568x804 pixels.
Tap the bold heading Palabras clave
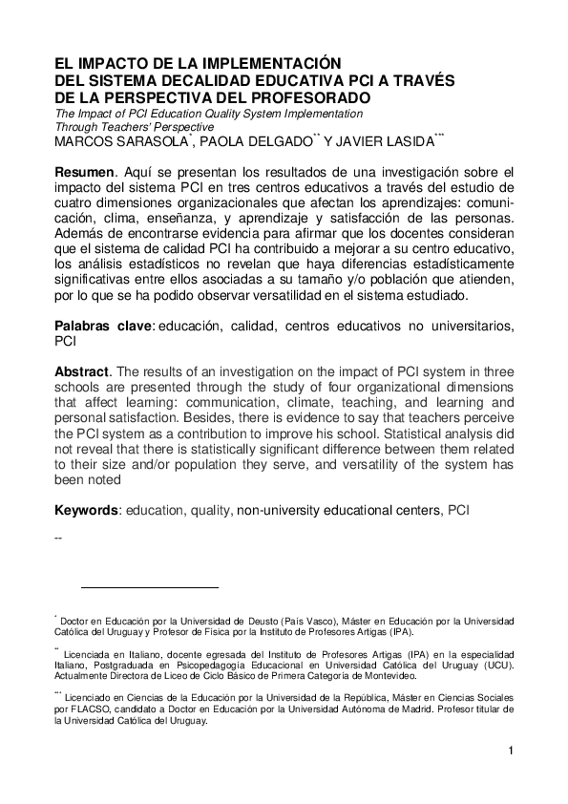point(103,326)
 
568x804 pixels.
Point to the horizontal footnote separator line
point(150,587)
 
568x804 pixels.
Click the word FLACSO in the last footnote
point(87,710)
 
